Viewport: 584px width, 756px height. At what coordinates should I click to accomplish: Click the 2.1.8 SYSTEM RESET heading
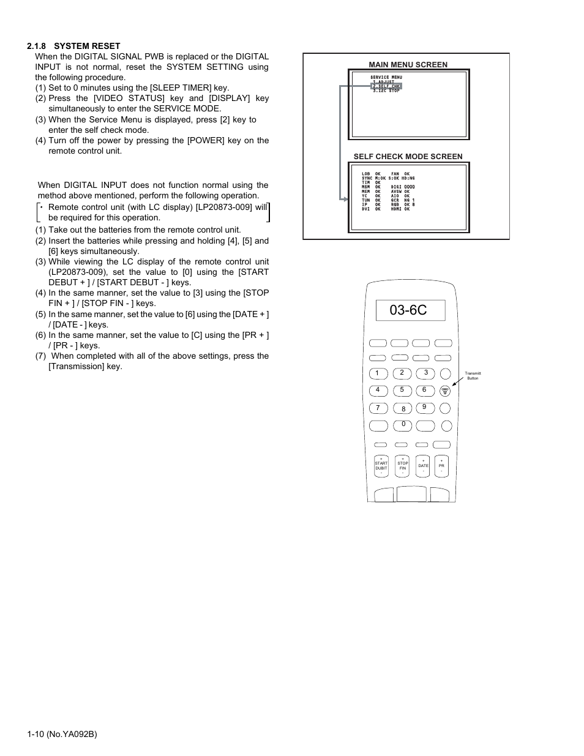pos(73,46)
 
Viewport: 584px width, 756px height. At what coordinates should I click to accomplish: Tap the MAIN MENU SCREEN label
pos(408,64)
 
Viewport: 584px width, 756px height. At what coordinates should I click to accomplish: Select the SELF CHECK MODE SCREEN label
pos(408,156)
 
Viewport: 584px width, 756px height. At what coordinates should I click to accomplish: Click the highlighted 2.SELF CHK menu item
pos(386,86)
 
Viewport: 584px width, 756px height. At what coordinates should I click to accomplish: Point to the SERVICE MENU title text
pos(386,78)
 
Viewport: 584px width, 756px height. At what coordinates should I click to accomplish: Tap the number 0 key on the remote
pos(403,424)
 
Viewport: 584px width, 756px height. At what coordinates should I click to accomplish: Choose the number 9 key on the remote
pos(424,407)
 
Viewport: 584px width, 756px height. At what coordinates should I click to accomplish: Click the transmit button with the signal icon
pos(445,391)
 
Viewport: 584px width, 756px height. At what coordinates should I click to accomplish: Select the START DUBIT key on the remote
pos(381,466)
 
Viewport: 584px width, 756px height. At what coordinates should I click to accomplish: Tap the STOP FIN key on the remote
pos(402,466)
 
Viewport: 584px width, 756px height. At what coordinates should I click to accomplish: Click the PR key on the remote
pos(441,466)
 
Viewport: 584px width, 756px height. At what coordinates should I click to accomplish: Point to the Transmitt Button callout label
pos(473,376)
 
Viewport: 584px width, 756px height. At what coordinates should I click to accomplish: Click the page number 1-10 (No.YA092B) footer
pos(62,733)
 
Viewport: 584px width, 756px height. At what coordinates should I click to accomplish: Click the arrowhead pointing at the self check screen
pos(346,198)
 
